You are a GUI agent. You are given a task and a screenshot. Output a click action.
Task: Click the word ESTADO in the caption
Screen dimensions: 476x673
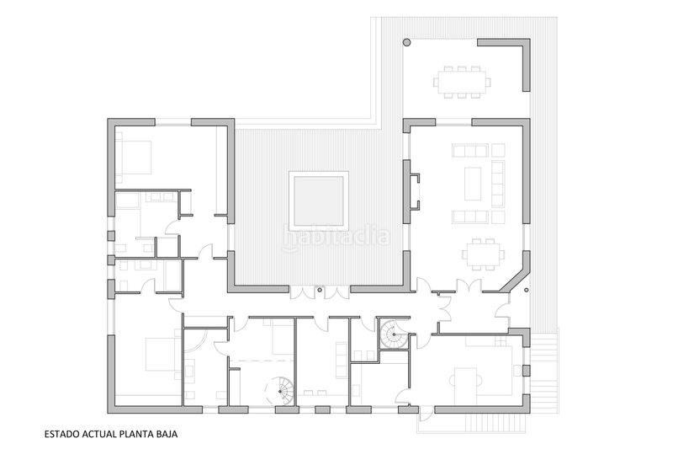[x=62, y=436]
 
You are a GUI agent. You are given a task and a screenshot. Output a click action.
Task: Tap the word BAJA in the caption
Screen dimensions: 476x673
[x=166, y=436]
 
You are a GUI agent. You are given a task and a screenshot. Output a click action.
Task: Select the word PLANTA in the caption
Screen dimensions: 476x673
[x=135, y=436]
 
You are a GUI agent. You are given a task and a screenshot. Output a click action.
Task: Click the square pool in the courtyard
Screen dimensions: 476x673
[x=318, y=200]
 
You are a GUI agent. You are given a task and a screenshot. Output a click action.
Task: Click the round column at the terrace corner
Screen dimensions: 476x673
[x=406, y=41]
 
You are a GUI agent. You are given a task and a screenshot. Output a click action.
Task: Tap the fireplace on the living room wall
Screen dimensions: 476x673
[x=414, y=189]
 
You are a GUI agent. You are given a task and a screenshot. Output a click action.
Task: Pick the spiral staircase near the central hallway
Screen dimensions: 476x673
[x=392, y=335]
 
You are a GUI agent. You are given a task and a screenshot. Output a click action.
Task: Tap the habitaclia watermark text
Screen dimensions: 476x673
[x=336, y=237]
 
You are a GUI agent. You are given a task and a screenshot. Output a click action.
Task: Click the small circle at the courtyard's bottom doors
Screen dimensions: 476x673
[x=320, y=291]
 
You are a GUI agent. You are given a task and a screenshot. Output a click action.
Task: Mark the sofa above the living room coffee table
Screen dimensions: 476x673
[x=469, y=151]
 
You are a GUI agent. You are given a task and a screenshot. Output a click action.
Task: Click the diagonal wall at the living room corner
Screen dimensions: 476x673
[x=515, y=279]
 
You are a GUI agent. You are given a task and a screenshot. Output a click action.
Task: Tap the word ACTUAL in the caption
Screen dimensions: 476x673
[x=97, y=436]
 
